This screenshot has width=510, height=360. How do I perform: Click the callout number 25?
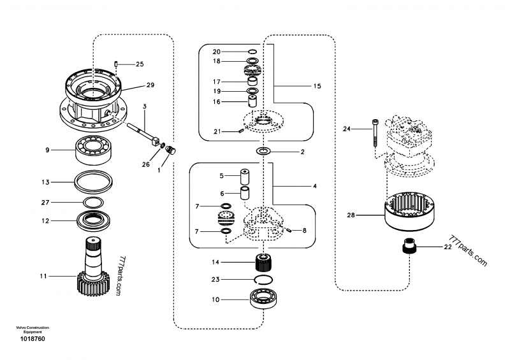tap(140, 64)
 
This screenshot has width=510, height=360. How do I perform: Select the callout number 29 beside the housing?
tap(150, 85)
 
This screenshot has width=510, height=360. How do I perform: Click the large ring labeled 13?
tap(92, 182)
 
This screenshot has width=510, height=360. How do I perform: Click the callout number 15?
tap(317, 85)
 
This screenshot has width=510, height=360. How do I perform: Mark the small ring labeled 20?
tap(252, 51)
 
